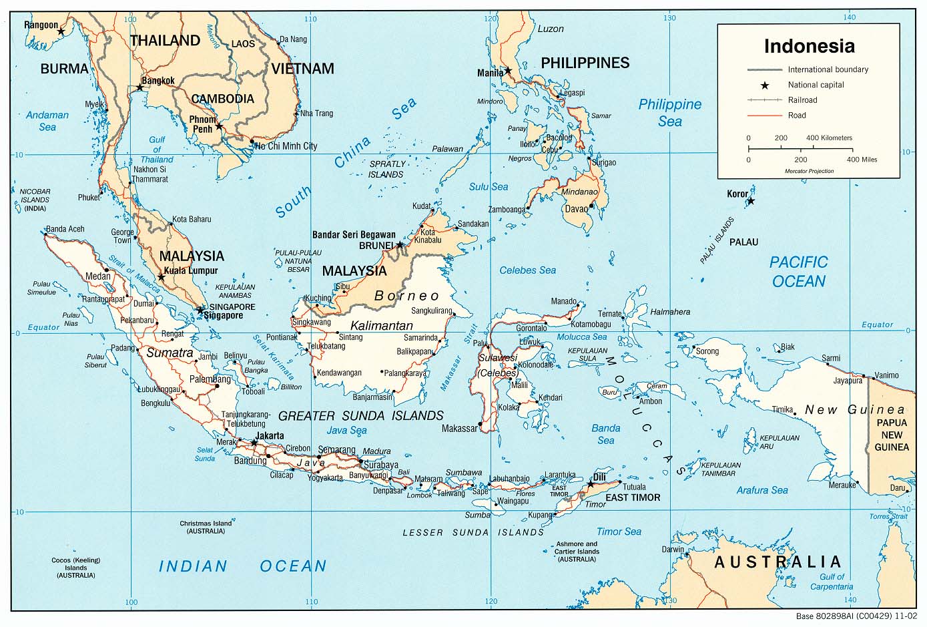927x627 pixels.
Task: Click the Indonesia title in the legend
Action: tap(809, 46)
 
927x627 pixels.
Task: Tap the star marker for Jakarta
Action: tap(254, 443)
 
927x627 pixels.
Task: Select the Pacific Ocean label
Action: tap(798, 272)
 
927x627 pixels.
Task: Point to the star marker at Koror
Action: tap(751, 201)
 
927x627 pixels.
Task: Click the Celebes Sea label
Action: tap(527, 270)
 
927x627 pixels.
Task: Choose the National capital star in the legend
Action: tap(765, 85)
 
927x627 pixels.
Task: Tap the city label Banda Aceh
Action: tap(65, 229)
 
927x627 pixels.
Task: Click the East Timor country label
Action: tap(633, 497)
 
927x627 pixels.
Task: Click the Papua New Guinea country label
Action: tap(892, 435)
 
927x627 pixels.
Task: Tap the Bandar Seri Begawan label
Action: tap(354, 235)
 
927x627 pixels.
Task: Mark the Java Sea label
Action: tap(346, 431)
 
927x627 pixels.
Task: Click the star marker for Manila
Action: tap(508, 70)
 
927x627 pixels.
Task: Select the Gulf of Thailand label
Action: tap(157, 150)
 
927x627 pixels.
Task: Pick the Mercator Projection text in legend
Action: tap(809, 171)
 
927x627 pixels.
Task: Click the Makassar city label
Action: tap(460, 428)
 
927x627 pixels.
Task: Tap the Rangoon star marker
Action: tap(61, 31)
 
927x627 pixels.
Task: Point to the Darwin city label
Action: tap(673, 550)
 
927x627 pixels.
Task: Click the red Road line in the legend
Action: tap(765, 116)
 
